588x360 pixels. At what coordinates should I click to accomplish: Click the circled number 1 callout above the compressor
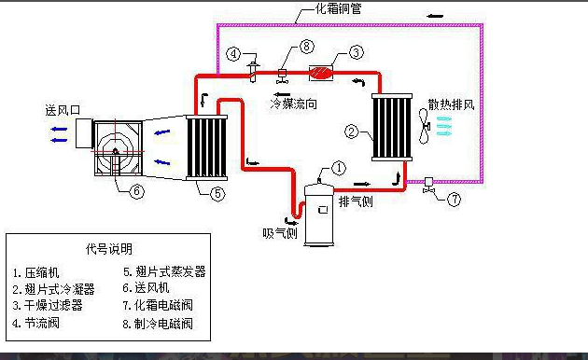click(x=339, y=168)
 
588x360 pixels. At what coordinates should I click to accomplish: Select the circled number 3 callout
click(x=356, y=51)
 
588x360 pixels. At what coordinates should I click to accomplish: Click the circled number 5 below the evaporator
click(x=217, y=194)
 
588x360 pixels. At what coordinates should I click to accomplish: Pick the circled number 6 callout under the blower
click(x=137, y=191)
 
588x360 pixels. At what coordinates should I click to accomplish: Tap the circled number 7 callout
click(x=455, y=198)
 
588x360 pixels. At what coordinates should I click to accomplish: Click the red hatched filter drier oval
click(x=321, y=71)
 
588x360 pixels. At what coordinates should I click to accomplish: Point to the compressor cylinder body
click(x=322, y=214)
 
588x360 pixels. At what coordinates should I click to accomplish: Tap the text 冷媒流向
click(x=294, y=104)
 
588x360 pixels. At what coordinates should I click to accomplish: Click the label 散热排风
click(x=452, y=104)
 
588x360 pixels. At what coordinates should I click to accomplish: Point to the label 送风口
click(x=63, y=109)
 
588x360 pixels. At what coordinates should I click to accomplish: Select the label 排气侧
click(x=356, y=201)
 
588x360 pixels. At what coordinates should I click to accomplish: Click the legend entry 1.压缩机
click(x=37, y=272)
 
